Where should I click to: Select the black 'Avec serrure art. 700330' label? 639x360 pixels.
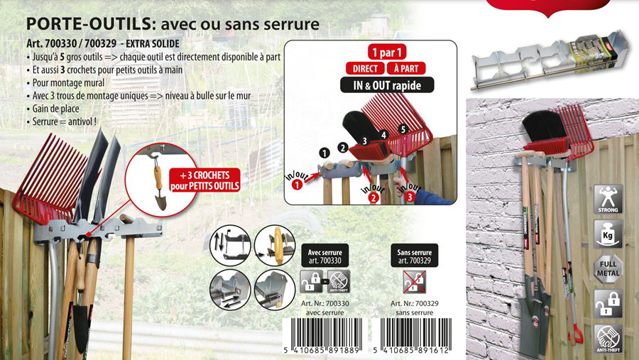[325, 256]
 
